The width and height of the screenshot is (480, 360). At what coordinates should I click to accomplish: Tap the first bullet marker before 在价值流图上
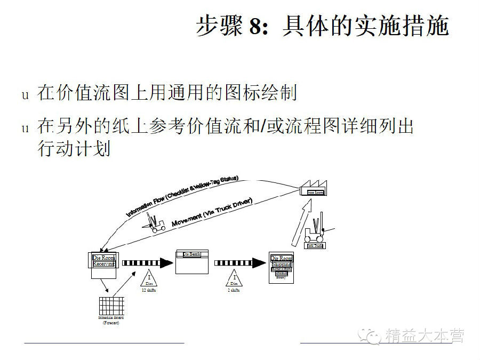tap(24, 95)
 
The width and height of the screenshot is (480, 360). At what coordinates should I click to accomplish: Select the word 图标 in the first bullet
tap(238, 93)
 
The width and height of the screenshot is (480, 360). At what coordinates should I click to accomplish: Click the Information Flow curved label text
tap(182, 195)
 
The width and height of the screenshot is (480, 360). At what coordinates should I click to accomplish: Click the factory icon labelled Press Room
tap(314, 190)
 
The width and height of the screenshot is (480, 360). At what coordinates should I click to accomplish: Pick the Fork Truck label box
tap(315, 246)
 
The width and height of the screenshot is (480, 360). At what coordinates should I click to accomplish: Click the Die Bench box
tap(191, 261)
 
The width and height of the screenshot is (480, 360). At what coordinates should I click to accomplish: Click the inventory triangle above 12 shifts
tap(149, 278)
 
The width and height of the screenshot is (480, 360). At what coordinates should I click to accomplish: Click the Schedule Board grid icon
tap(110, 306)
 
